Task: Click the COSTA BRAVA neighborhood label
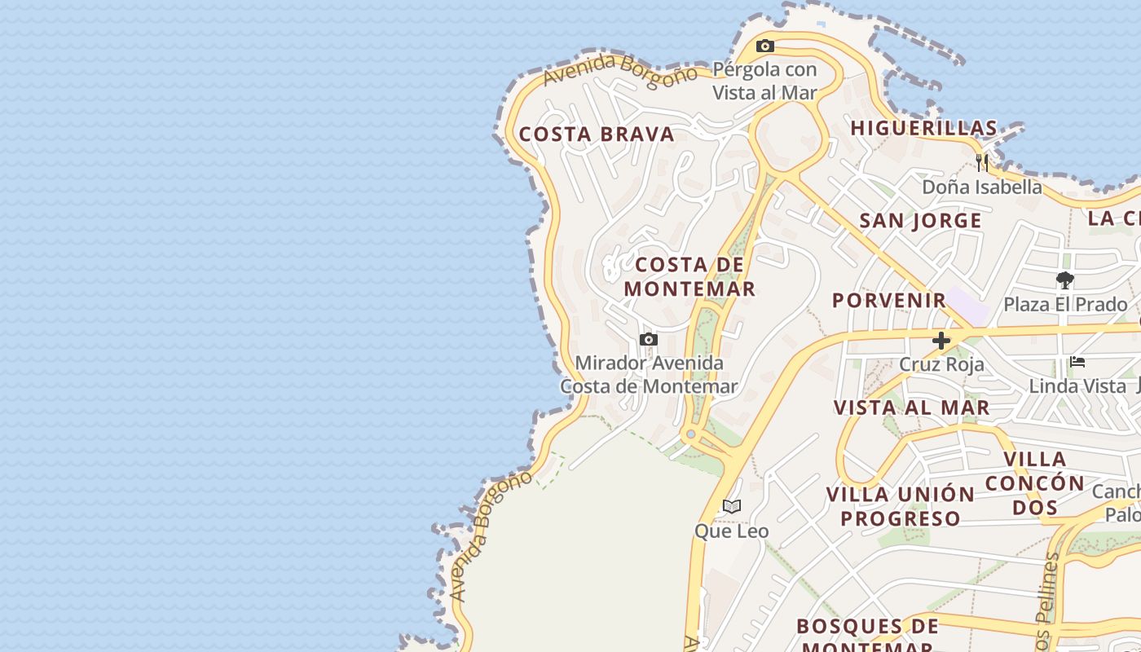click(x=597, y=134)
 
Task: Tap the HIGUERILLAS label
click(x=924, y=128)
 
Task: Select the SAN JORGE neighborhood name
click(x=920, y=221)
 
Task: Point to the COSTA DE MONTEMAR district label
click(x=689, y=276)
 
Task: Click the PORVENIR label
click(x=889, y=300)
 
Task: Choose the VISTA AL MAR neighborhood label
click(x=911, y=407)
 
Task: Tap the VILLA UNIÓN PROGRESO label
click(x=901, y=506)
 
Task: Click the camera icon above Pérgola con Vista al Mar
click(x=764, y=46)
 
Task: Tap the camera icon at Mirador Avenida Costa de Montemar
click(x=648, y=339)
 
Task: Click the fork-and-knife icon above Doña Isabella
click(x=982, y=163)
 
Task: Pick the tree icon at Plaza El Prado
click(x=1064, y=281)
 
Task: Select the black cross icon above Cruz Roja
click(x=941, y=341)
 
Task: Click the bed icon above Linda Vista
click(x=1077, y=362)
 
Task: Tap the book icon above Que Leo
click(x=732, y=507)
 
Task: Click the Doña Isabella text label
click(x=981, y=187)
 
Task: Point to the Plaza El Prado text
click(x=1065, y=305)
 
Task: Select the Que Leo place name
click(x=731, y=531)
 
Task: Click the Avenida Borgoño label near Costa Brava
click(x=619, y=70)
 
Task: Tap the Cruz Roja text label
click(x=941, y=364)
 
